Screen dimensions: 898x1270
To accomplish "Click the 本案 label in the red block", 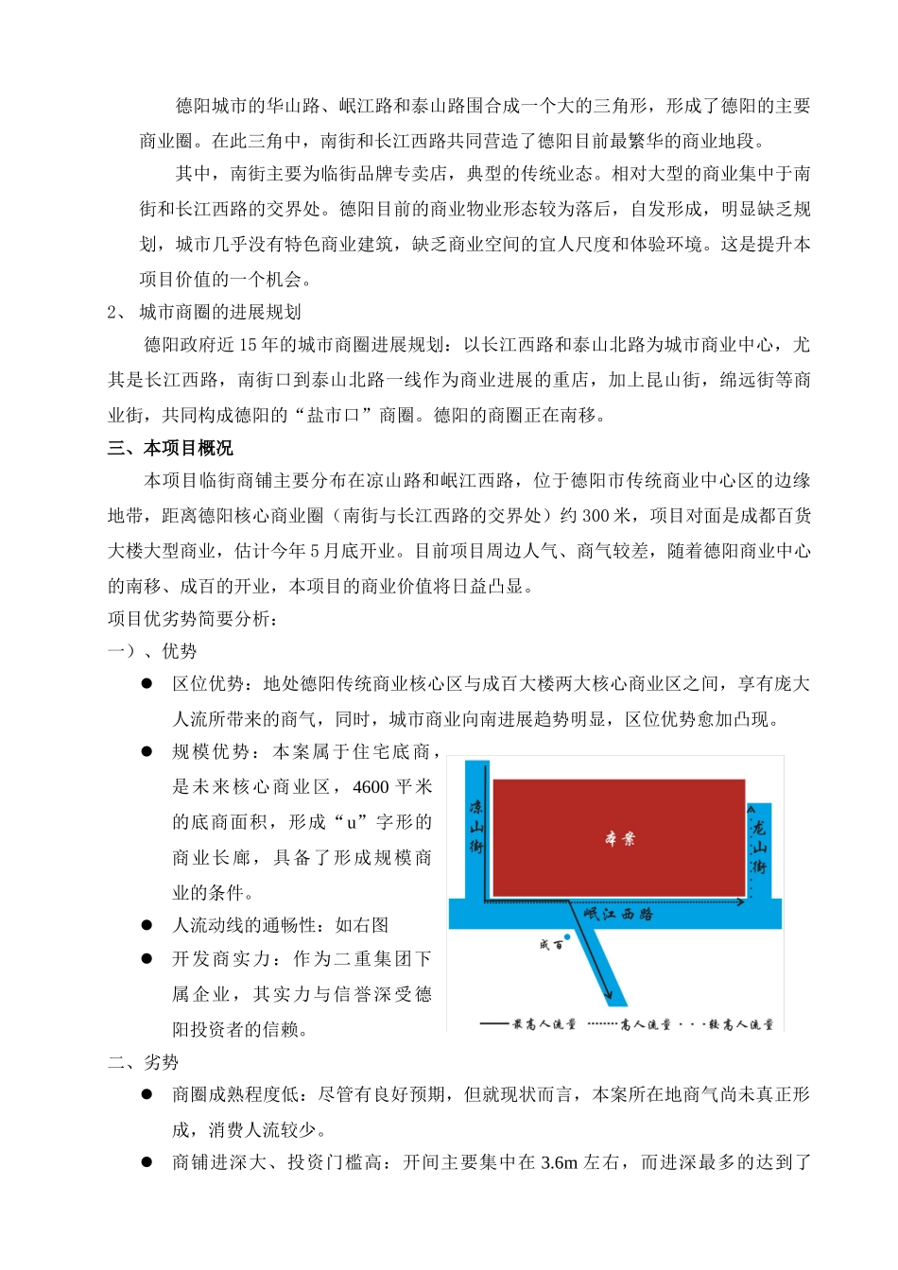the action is pos(620,838).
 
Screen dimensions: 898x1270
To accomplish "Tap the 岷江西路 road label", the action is pos(618,914).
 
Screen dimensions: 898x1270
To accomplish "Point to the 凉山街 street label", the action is pos(475,827).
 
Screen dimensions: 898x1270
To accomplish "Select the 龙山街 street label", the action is pos(758,846).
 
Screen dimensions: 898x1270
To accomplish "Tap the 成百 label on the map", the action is pos(551,944).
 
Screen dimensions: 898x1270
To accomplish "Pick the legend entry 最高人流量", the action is pos(528,1024).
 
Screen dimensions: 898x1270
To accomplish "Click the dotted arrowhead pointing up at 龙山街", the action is pos(749,809).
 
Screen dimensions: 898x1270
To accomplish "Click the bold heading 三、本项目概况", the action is pos(170,448).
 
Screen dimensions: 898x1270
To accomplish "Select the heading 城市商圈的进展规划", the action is pos(220,312).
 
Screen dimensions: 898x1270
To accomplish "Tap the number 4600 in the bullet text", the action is pos(371,787).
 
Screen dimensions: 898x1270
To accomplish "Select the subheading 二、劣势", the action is pos(143,1062).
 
